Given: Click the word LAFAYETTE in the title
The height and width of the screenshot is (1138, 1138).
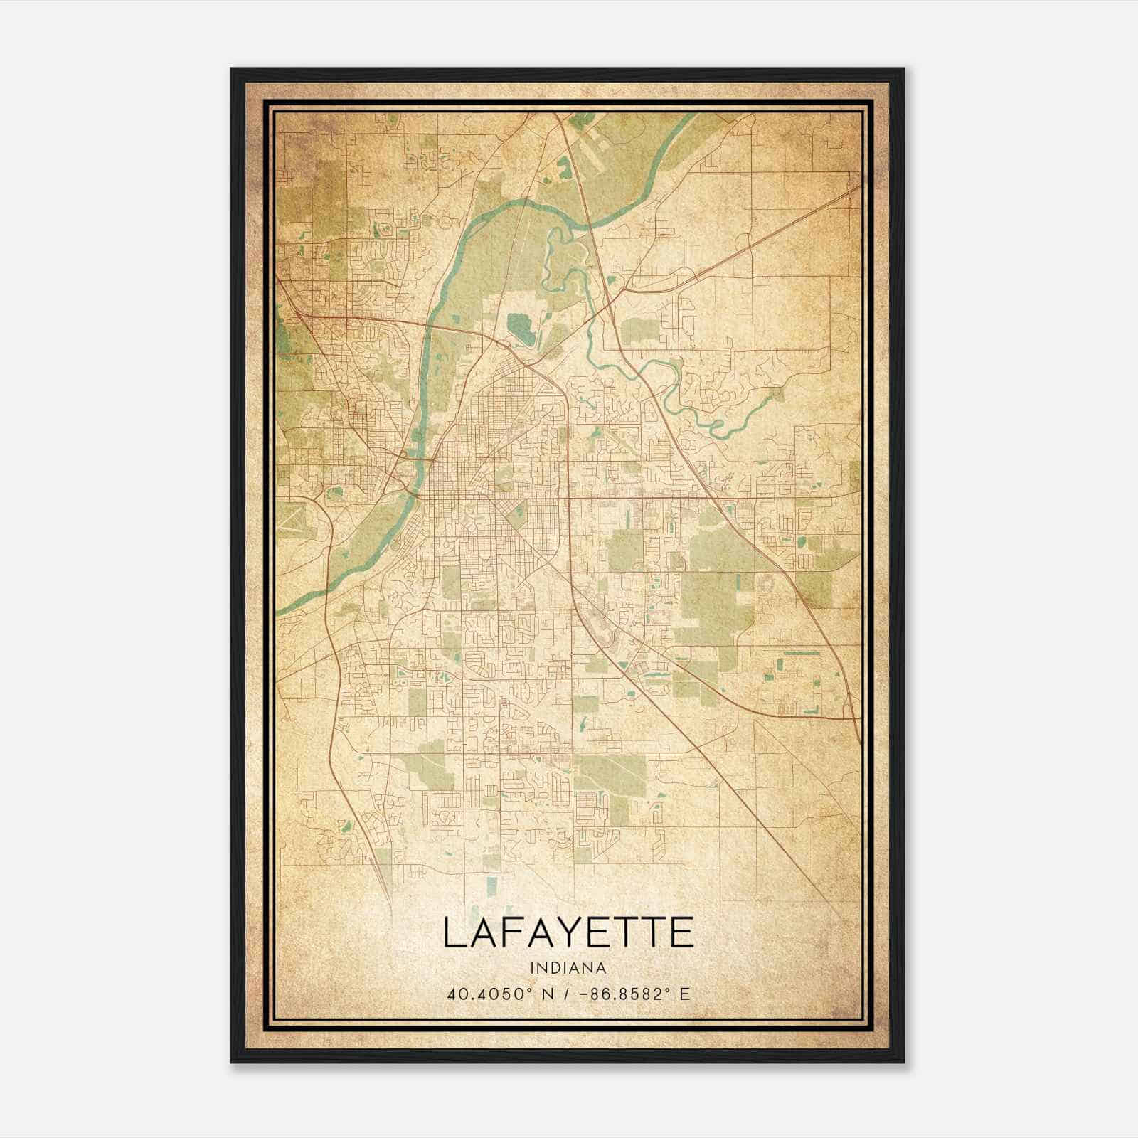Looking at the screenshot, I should (568, 932).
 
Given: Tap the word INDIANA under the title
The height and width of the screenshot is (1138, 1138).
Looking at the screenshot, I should (568, 968).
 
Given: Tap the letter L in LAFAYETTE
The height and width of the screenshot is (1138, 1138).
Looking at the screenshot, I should (455, 932).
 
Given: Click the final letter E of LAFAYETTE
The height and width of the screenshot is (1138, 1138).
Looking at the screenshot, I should (681, 932).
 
